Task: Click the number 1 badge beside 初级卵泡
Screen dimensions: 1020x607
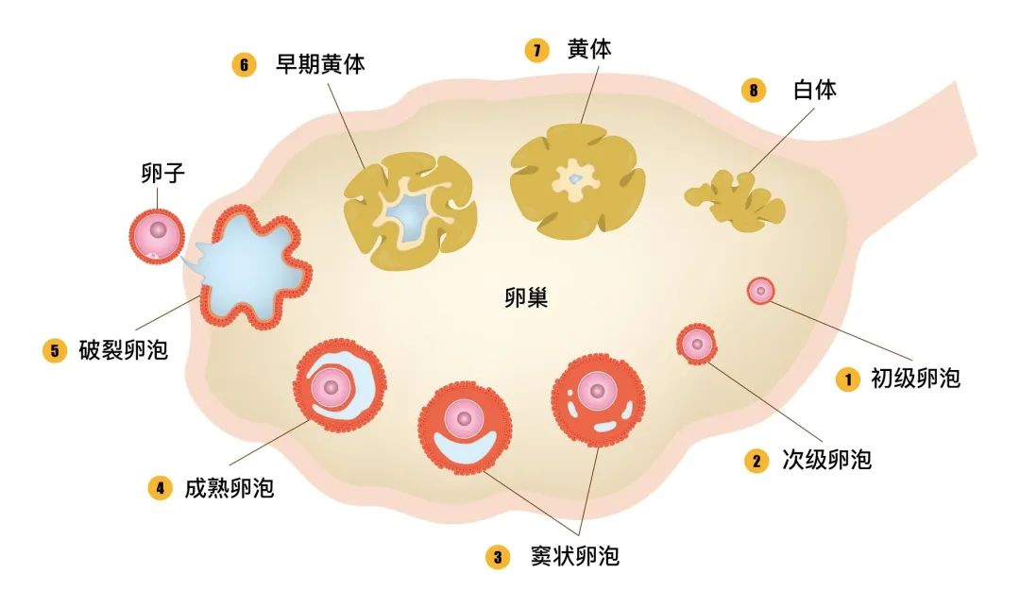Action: coord(848,379)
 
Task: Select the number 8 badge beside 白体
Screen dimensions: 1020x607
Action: coord(753,91)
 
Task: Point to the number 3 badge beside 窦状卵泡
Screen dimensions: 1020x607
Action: coord(498,557)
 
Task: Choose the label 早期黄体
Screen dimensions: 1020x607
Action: coord(320,64)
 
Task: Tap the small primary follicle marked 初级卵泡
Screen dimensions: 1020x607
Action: coord(761,291)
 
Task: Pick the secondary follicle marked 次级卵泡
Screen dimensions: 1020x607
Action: coord(698,344)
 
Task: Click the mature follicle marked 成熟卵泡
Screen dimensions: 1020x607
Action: coord(334,384)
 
